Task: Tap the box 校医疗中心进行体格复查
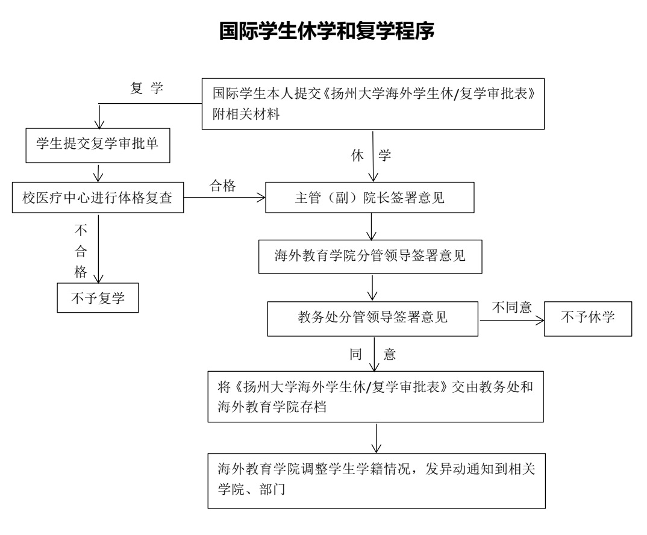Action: (x=98, y=199)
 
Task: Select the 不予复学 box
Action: (x=98, y=296)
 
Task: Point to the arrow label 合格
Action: (x=222, y=186)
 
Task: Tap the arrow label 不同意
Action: (x=511, y=306)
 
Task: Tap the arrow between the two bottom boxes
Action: (x=377, y=437)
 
